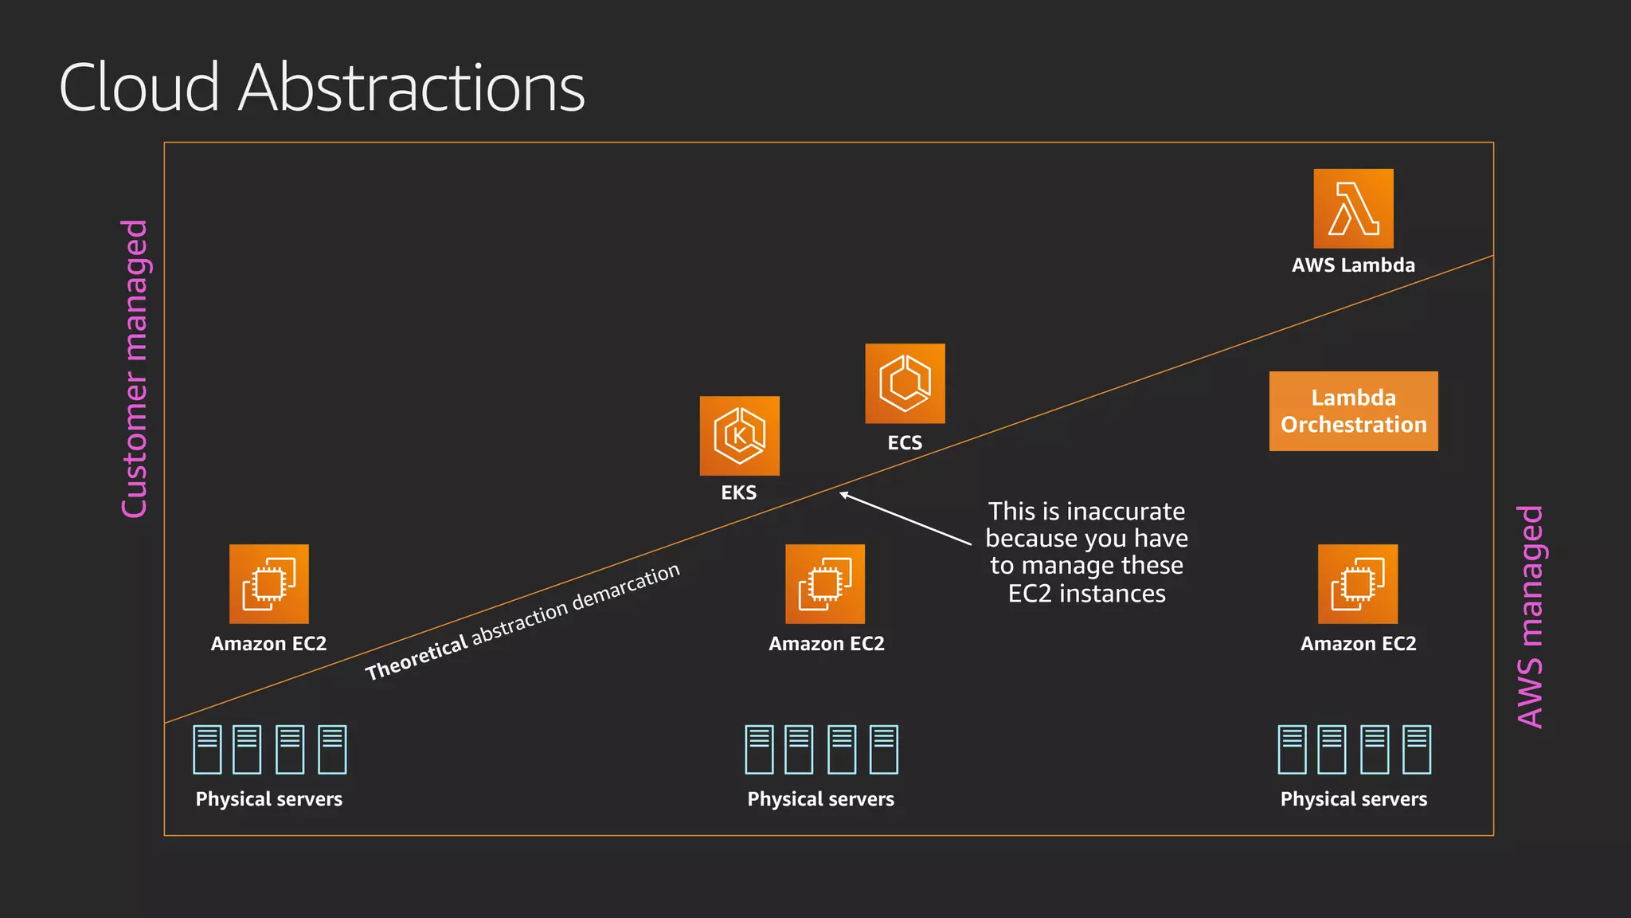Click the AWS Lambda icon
click(x=1353, y=209)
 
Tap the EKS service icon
click(x=739, y=436)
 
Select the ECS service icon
click(x=905, y=383)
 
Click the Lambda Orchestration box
click(x=1353, y=411)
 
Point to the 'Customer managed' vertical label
click(x=135, y=369)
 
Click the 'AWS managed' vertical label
click(x=1530, y=616)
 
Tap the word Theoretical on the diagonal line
click(x=417, y=658)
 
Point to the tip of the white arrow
click(x=841, y=493)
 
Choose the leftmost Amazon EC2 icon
click(x=269, y=584)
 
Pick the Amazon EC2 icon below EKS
click(x=825, y=584)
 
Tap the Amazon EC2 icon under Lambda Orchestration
click(x=1357, y=584)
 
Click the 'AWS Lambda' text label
click(x=1353, y=265)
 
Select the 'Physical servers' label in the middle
click(x=820, y=799)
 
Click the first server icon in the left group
click(x=207, y=749)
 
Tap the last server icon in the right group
click(x=1417, y=749)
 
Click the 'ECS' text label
click(x=905, y=443)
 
